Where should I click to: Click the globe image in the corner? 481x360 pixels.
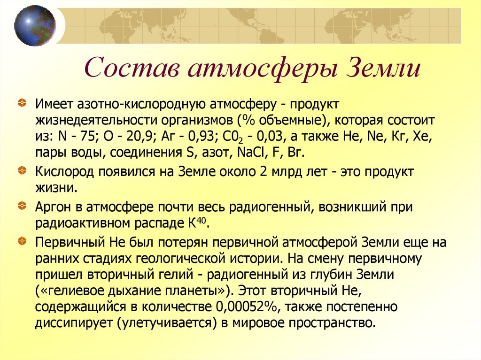pos(34,26)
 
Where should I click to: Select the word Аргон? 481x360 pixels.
pos(54,207)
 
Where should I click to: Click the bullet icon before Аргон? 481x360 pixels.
pos(22,206)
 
